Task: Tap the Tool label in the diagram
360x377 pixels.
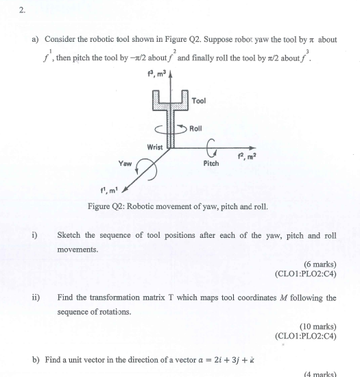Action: pyautogui.click(x=199, y=101)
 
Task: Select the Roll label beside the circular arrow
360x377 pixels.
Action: pyautogui.click(x=195, y=128)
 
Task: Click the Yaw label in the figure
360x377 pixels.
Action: pyautogui.click(x=125, y=164)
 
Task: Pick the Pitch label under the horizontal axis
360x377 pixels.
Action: pyautogui.click(x=211, y=164)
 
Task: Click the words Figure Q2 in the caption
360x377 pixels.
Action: pyautogui.click(x=106, y=206)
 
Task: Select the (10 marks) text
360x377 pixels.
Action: pyautogui.click(x=318, y=326)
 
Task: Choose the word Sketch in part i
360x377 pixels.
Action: pyautogui.click(x=69, y=235)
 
